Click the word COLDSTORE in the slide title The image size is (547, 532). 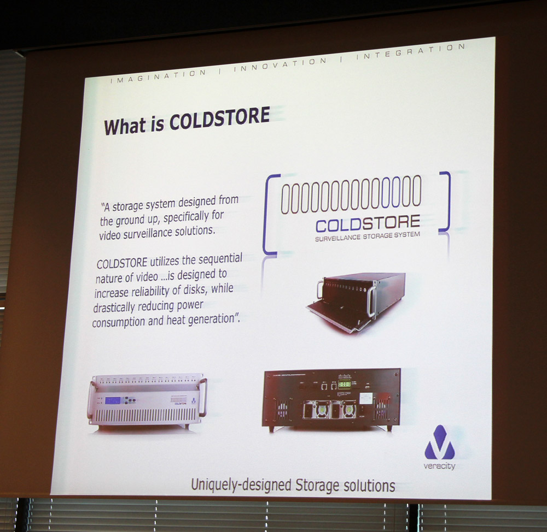tap(219, 119)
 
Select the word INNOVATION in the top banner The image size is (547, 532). tap(280, 64)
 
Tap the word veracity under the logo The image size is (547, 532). tap(439, 466)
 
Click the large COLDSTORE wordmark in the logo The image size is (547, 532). tap(368, 224)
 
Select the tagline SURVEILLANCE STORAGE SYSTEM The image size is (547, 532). tap(368, 237)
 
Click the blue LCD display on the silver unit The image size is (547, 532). tap(113, 401)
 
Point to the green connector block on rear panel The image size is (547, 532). tap(344, 385)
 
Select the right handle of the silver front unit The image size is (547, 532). tap(203, 397)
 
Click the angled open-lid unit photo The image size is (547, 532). tap(356, 301)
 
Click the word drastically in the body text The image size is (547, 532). tap(114, 308)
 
